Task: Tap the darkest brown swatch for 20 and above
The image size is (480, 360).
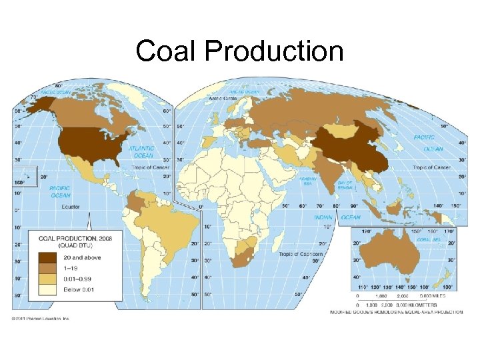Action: pos(47,257)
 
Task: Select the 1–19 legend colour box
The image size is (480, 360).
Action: pos(47,268)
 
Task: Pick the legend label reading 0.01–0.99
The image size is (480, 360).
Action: pos(79,279)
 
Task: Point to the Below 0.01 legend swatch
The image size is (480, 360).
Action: pos(47,290)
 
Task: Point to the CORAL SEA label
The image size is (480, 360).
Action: pos(428,238)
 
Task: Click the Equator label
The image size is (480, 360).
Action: pos(71,207)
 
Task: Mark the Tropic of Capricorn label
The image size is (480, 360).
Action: pos(300,254)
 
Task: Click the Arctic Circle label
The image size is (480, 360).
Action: pos(223,97)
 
